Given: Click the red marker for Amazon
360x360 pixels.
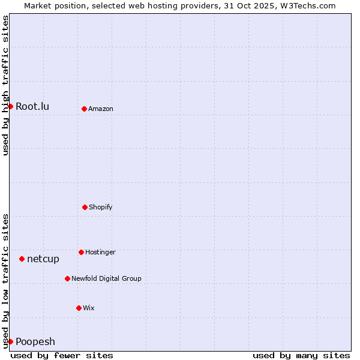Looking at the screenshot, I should (x=84, y=109).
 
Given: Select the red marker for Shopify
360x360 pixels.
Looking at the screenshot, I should (x=85, y=207).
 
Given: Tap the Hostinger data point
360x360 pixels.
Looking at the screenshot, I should (x=81, y=252).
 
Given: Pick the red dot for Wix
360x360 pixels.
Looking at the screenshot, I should (x=79, y=308).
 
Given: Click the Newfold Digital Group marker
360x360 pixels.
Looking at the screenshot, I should (x=67, y=278).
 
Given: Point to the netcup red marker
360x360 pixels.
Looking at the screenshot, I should (x=22, y=259).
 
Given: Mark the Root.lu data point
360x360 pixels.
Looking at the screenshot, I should (x=10, y=106).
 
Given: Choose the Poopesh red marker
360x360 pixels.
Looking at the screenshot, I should (x=10, y=341).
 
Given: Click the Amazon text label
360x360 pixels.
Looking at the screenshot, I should (x=101, y=109).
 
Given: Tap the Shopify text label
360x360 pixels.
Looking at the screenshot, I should (x=101, y=207).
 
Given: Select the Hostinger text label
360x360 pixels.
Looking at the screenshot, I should (x=100, y=252).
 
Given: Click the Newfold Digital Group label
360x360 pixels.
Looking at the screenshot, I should (x=106, y=278).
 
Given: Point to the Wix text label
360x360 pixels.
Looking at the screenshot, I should (x=89, y=308).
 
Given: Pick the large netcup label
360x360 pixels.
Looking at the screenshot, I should (x=43, y=259).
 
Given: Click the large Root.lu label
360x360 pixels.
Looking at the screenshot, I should (x=32, y=106).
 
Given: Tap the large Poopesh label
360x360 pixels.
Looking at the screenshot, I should (x=35, y=341).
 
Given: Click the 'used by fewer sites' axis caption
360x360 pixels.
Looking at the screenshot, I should (x=62, y=355).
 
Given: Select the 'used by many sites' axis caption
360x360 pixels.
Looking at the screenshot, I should (x=301, y=355).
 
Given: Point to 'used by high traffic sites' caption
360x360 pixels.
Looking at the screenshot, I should (x=5, y=85).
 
